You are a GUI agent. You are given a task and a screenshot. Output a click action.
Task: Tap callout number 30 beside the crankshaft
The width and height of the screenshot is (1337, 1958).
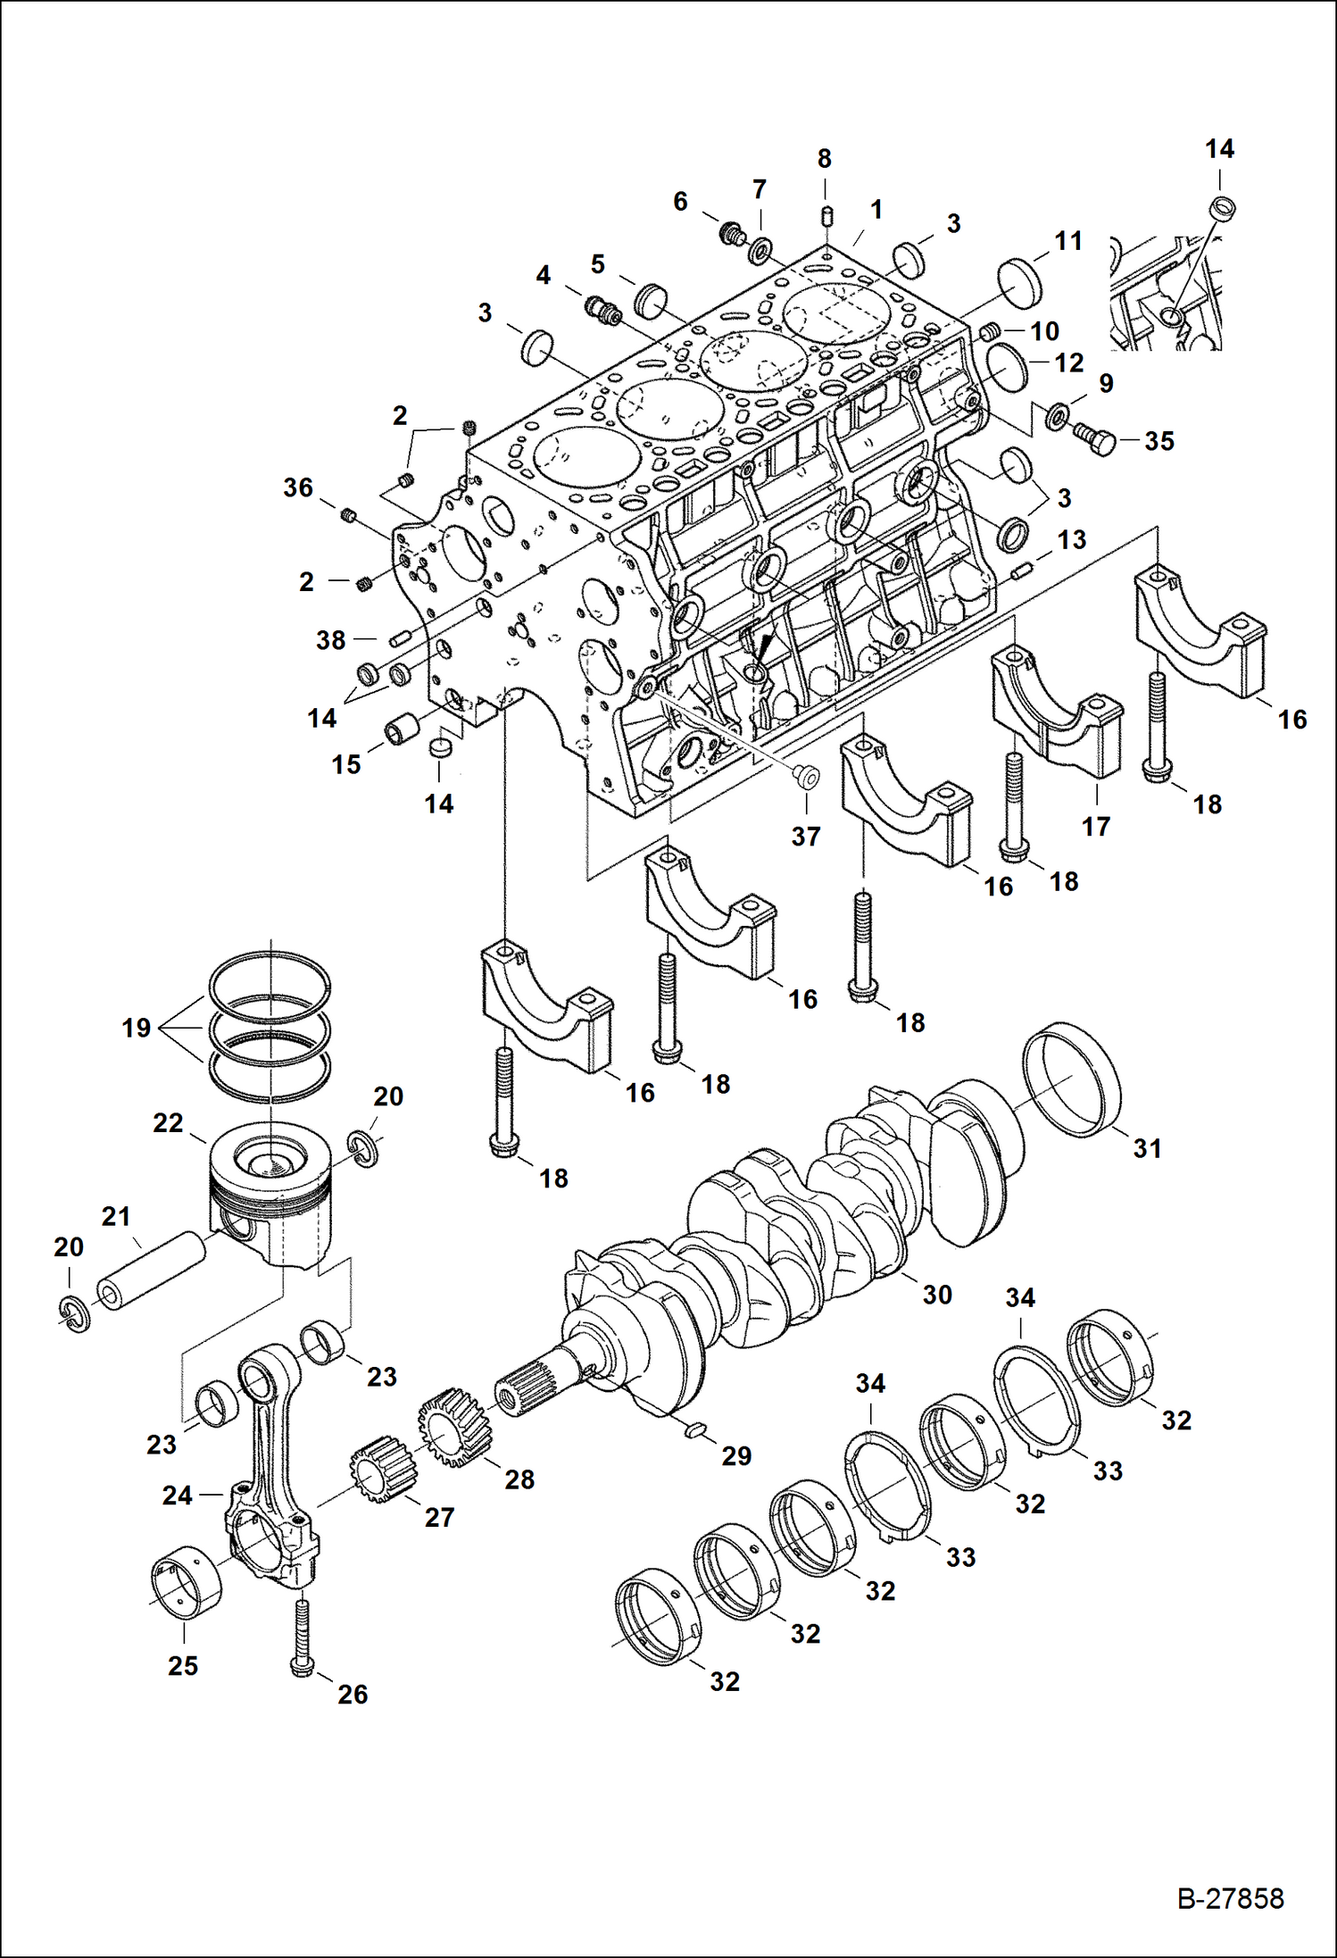[937, 1295]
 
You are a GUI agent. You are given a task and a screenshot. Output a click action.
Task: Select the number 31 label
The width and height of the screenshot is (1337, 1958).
[1148, 1148]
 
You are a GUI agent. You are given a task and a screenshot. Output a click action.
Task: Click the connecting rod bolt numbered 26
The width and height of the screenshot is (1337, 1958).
[302, 1637]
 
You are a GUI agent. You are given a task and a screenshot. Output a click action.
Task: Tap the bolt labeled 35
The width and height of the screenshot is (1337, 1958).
[1096, 440]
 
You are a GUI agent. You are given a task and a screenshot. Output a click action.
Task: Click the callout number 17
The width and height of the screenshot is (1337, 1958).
[1096, 827]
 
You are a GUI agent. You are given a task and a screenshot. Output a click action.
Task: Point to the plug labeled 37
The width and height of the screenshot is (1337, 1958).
[808, 777]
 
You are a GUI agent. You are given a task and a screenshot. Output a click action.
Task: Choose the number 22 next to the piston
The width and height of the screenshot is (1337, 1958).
[168, 1122]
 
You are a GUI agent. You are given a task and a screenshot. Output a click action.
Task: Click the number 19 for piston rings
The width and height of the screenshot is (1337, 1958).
[137, 1028]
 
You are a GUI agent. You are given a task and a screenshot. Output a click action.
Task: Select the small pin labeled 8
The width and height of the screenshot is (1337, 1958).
[826, 217]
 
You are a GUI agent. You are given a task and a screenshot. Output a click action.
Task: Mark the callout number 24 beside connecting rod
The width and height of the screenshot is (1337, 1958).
[177, 1495]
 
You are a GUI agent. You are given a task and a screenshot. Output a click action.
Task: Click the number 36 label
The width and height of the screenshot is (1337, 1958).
[298, 487]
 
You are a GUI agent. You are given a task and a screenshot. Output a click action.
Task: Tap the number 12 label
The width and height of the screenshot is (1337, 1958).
[1068, 362]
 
